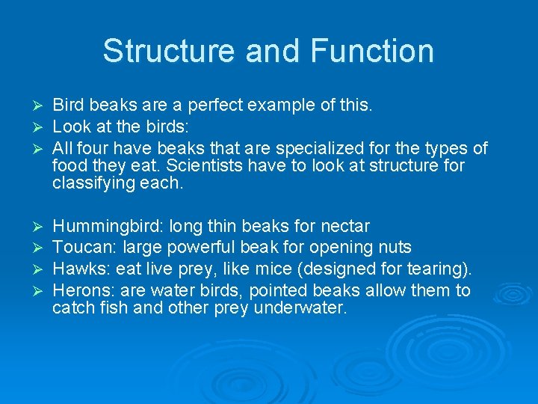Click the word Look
[x=69, y=127]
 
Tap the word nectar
[x=344, y=226]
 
